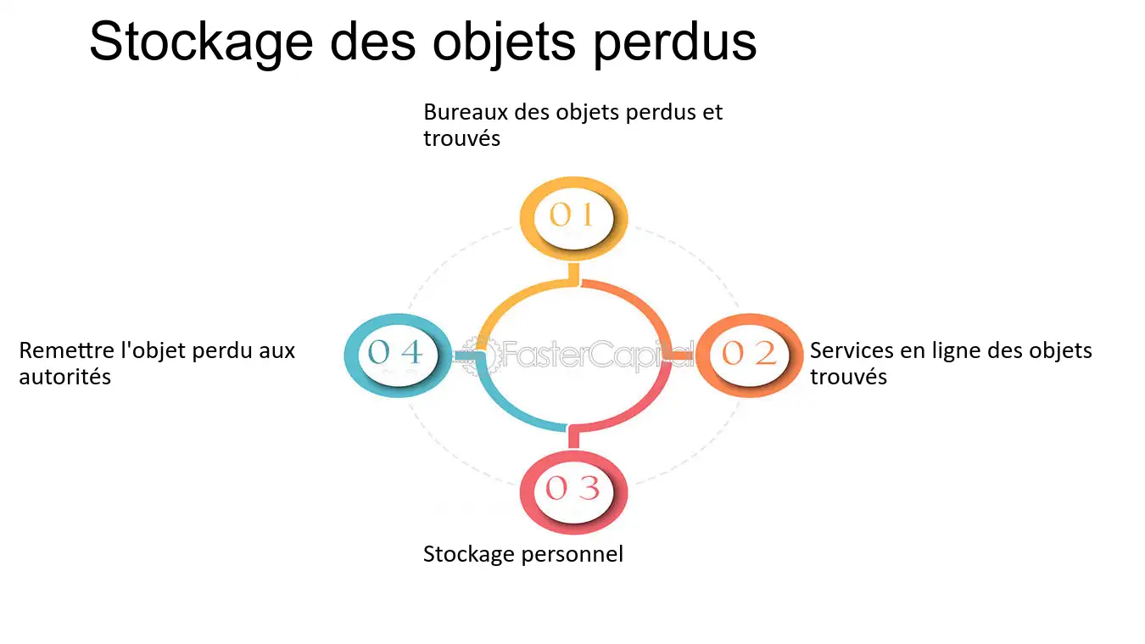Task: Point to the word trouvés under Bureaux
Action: (461, 138)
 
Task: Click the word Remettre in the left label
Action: (66, 351)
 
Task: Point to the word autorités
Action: (65, 377)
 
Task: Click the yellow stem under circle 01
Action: (574, 274)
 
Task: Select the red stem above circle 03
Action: (574, 437)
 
